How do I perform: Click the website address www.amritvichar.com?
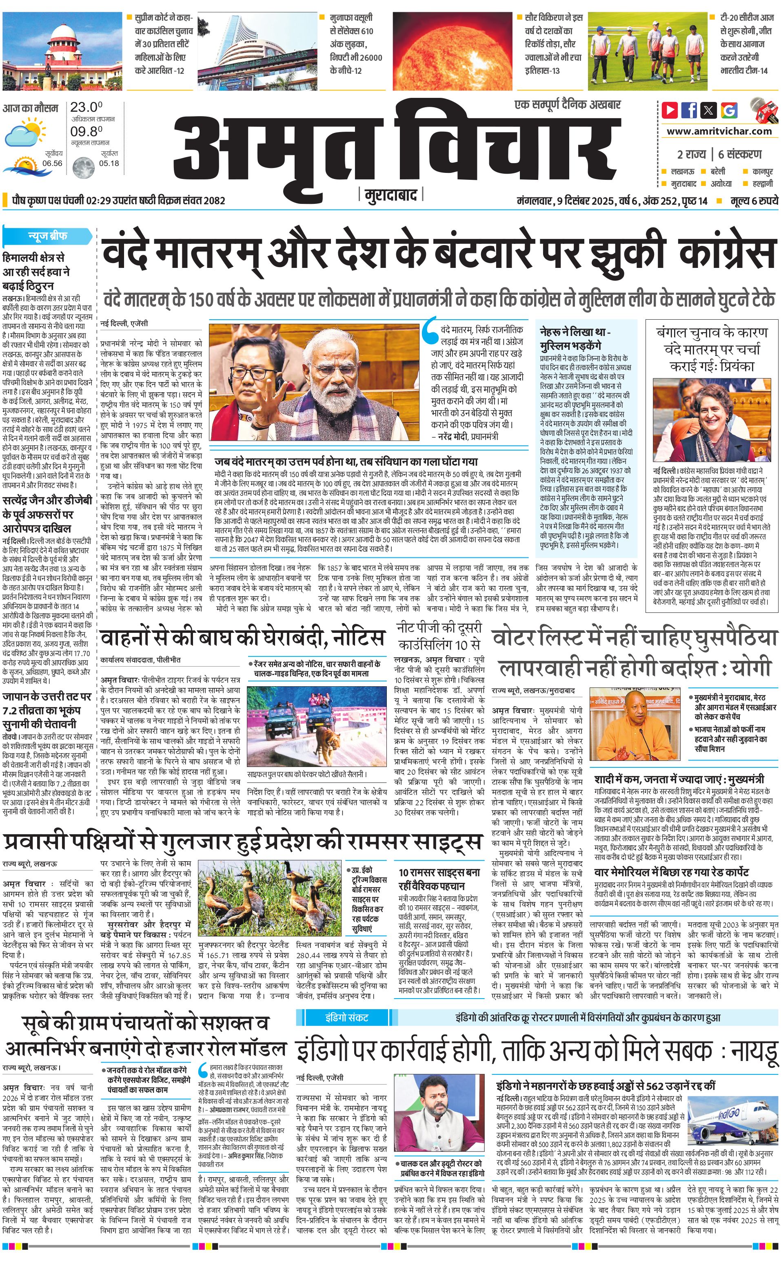click(x=719, y=131)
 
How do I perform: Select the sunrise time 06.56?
click(x=52, y=163)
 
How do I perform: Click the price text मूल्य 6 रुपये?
click(x=754, y=201)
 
